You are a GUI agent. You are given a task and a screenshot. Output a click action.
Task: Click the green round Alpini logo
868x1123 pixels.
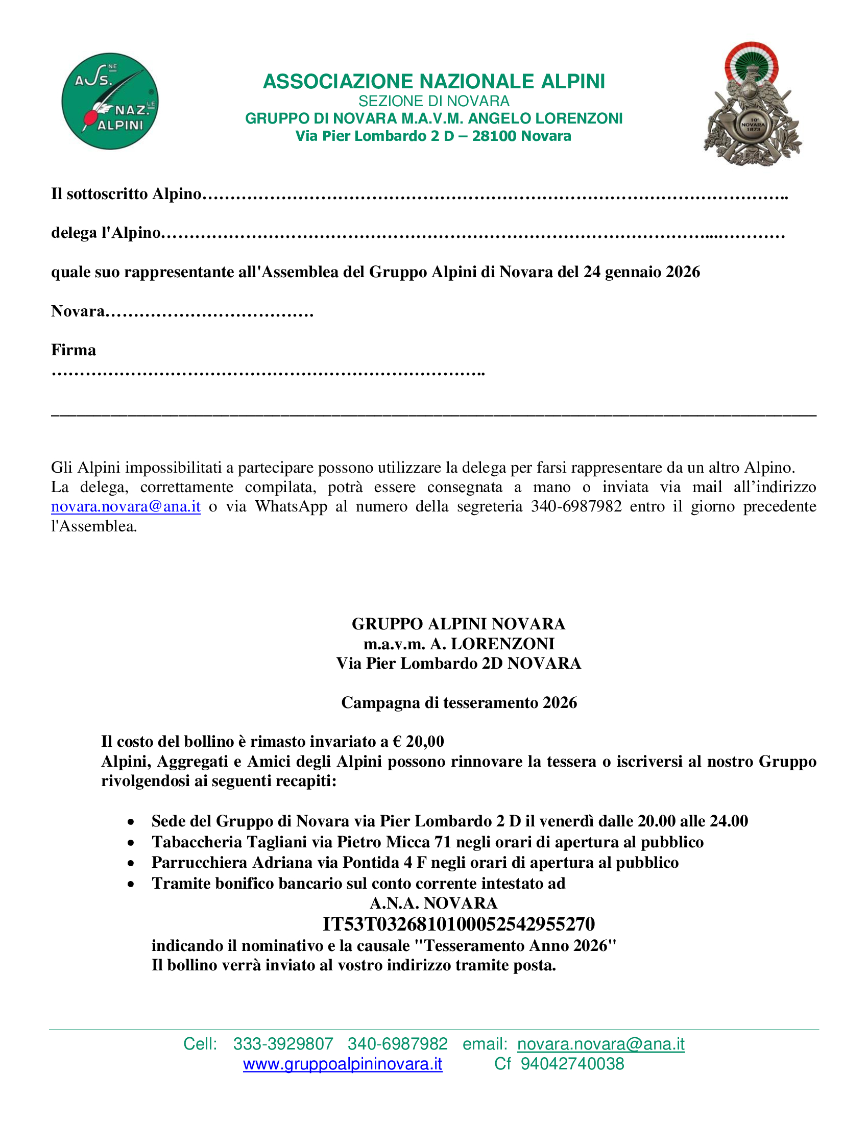coord(110,101)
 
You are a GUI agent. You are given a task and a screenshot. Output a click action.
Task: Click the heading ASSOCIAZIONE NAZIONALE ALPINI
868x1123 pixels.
coord(433,82)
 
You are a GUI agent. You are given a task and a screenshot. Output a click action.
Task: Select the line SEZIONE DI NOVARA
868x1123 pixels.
coord(433,101)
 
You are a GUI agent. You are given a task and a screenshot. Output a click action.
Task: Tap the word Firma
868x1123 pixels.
coord(74,350)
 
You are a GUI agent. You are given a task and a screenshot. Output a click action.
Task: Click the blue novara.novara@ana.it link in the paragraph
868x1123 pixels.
coord(126,506)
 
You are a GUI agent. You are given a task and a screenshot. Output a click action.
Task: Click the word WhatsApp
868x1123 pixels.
coord(291,506)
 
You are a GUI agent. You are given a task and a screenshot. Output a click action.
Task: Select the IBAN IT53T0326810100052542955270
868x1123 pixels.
coord(458,924)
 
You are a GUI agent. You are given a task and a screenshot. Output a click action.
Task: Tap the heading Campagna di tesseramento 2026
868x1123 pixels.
coord(459,702)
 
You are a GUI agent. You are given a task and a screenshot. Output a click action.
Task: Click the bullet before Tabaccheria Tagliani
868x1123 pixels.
coord(132,843)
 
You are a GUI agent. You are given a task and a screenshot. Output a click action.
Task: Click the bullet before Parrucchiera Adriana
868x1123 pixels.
coord(132,864)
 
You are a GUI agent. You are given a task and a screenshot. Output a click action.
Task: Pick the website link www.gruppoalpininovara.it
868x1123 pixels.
coord(343,1064)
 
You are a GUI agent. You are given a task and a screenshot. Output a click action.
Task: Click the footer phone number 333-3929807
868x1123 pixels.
coord(283,1044)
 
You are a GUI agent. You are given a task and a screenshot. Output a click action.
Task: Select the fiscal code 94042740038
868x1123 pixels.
coord(572,1064)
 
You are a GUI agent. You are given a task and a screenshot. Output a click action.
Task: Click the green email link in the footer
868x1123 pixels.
coord(600,1044)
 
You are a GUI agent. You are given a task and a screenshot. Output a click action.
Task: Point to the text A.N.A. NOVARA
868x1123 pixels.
coord(433,904)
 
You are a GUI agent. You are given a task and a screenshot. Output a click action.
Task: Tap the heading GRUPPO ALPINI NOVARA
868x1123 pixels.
coord(458,624)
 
